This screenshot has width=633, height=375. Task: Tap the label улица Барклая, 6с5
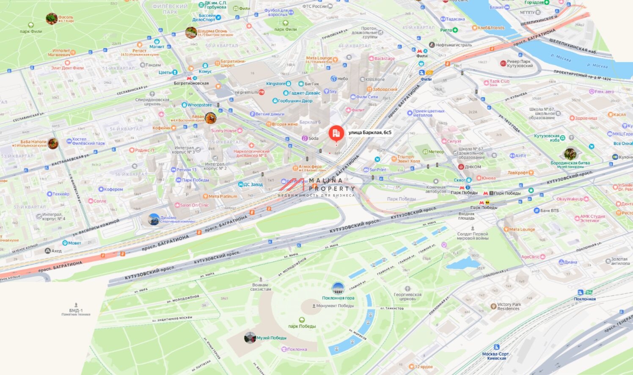pyautogui.click(x=369, y=132)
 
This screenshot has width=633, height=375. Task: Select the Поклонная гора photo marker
pyautogui.click(x=338, y=289)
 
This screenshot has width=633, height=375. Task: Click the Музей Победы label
pyautogui.click(x=272, y=338)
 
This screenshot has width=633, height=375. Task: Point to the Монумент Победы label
pyautogui.click(x=335, y=306)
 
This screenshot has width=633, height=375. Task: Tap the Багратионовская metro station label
pyautogui.click(x=191, y=83)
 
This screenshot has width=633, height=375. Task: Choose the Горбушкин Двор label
pyautogui.click(x=295, y=101)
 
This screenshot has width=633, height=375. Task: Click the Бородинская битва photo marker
pyautogui.click(x=570, y=154)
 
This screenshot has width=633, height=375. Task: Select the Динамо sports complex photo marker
pyautogui.click(x=154, y=219)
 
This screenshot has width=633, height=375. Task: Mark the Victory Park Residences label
pyautogui.click(x=509, y=306)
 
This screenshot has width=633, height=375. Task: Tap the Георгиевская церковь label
pyautogui.click(x=407, y=296)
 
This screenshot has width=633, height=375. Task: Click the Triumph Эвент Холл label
pyautogui.click(x=408, y=159)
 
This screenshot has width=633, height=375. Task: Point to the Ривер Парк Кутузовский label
pyautogui.click(x=520, y=63)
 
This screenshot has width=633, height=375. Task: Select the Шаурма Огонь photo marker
pyautogui.click(x=191, y=33)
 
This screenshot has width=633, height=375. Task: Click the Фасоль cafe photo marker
pyautogui.click(x=52, y=19)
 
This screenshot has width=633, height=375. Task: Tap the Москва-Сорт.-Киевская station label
pyautogui.click(x=496, y=356)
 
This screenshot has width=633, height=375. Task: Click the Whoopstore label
pyautogui.click(x=199, y=105)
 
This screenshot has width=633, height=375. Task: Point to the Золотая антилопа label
pyautogui.click(x=619, y=261)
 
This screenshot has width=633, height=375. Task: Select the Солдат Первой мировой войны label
pyautogui.click(x=472, y=236)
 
